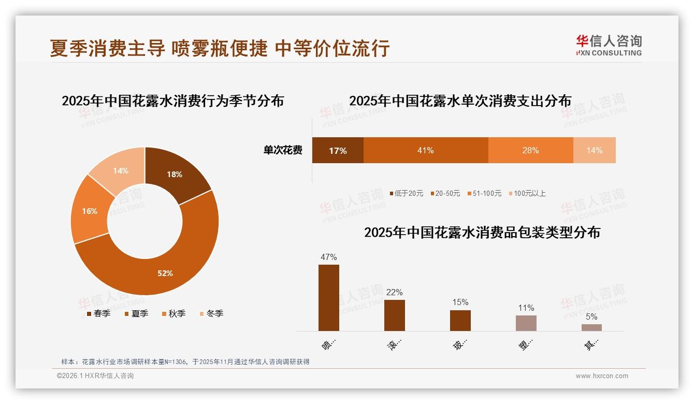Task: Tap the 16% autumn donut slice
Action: click(x=90, y=211)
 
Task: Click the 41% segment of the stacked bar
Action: click(x=425, y=150)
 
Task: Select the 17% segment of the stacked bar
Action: click(x=338, y=150)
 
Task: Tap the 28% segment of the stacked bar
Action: click(x=530, y=150)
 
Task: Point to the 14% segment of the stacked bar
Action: click(x=594, y=150)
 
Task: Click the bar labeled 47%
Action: click(x=328, y=298)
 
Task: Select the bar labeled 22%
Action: click(x=394, y=315)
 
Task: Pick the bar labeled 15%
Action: click(x=460, y=320)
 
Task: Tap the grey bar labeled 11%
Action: click(x=526, y=323)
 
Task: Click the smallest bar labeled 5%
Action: click(x=591, y=327)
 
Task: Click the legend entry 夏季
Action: click(x=137, y=313)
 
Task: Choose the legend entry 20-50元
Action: click(x=445, y=193)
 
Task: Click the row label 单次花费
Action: click(x=283, y=150)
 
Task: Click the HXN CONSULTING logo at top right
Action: click(x=609, y=45)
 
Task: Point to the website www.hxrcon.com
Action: click(x=602, y=376)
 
